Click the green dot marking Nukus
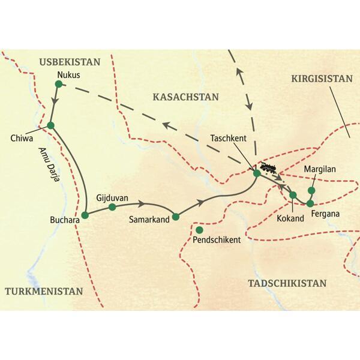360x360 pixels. pyautogui.click(x=58, y=85)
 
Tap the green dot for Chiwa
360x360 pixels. pyautogui.click(x=50, y=125)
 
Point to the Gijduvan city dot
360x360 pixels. pyautogui.click(x=112, y=208)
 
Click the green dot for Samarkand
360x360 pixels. pyautogui.click(x=176, y=217)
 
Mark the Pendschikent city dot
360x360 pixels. pyautogui.click(x=199, y=229)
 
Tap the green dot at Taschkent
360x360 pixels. pyautogui.click(x=256, y=173)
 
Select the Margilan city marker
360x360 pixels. pyautogui.click(x=311, y=191)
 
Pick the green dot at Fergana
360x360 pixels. pyautogui.click(x=310, y=203)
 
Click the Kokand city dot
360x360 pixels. pyautogui.click(x=293, y=195)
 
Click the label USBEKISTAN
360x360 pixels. pyautogui.click(x=68, y=62)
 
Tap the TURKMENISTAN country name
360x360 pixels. pyautogui.click(x=43, y=291)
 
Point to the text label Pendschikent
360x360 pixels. pyautogui.click(x=217, y=240)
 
